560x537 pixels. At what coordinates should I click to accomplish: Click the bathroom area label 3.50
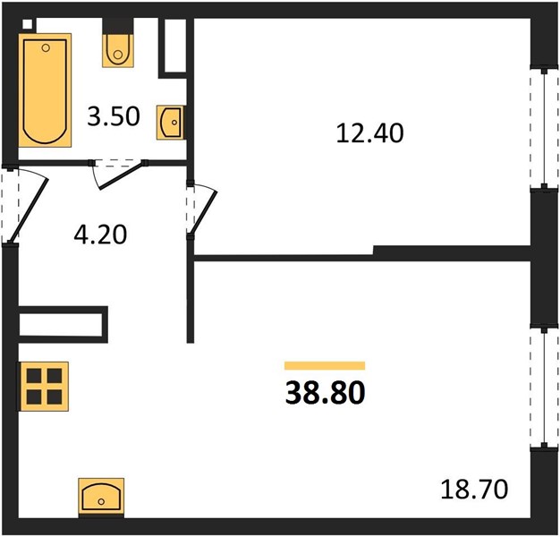114,116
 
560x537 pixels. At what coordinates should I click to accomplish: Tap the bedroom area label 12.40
369,133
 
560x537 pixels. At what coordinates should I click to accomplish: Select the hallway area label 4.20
100,234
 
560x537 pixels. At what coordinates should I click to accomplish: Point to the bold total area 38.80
325,393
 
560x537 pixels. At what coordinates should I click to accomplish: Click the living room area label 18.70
474,490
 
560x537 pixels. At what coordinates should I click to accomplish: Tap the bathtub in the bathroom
45,90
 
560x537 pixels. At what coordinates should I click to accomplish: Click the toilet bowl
118,50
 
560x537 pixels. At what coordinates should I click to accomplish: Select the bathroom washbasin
171,123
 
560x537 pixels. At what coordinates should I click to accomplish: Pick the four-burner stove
45,387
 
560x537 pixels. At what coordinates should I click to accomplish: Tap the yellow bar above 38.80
325,365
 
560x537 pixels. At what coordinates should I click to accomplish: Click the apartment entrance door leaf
29,210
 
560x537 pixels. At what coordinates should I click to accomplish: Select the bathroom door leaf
123,175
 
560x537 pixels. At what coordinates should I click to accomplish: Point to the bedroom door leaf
203,213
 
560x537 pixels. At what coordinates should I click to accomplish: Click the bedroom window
544,129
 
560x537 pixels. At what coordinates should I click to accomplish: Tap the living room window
544,388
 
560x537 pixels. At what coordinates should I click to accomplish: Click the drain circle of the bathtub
46,47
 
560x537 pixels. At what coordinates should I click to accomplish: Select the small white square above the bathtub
27,23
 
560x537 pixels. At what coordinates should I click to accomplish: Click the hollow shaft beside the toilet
175,45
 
